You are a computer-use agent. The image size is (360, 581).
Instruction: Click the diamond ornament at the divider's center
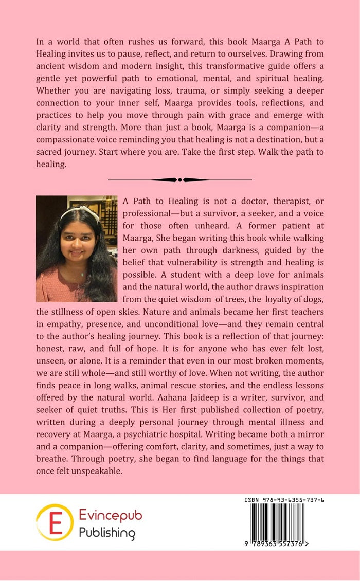pos(179,180)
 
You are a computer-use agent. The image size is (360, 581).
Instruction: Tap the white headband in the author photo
pos(77,210)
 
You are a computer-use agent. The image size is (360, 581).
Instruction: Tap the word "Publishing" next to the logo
pos(107,532)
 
